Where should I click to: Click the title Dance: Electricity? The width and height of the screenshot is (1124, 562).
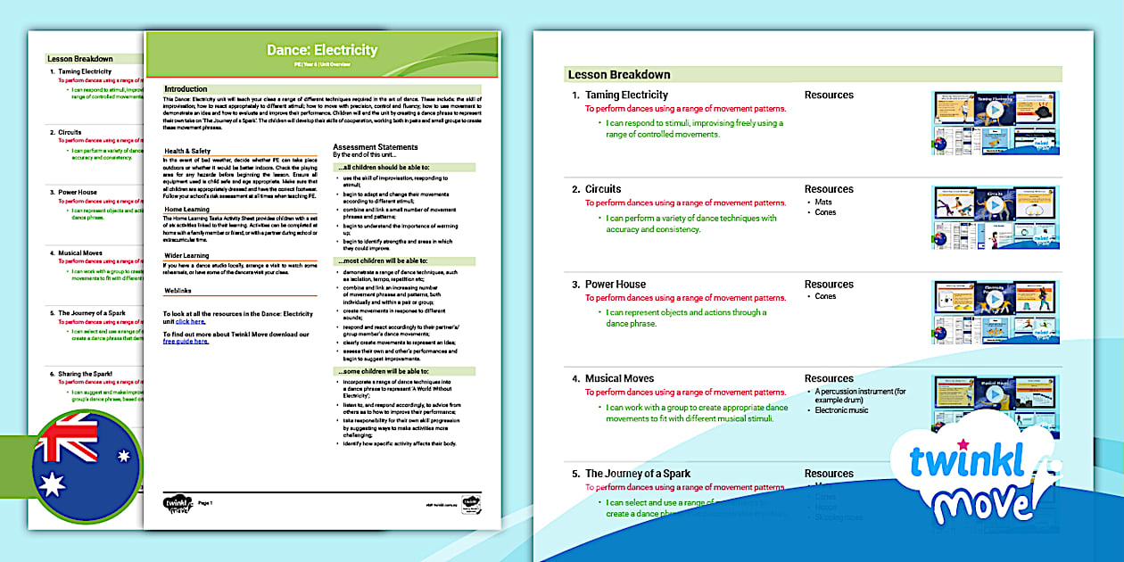[x=322, y=50]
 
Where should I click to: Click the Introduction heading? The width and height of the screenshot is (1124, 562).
[x=186, y=89]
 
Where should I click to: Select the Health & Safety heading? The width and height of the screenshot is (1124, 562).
[x=187, y=151]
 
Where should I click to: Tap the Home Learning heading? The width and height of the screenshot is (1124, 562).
[x=186, y=210]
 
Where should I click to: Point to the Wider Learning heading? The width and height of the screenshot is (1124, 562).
[x=186, y=255]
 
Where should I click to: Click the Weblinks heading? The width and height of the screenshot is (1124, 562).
[x=178, y=291]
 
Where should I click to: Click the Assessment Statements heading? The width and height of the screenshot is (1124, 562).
[x=375, y=147]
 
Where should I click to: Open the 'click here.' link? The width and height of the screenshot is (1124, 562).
[x=190, y=321]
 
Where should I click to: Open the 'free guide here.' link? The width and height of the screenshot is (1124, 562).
[x=186, y=341]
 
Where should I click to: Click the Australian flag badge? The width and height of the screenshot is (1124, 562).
[x=86, y=466]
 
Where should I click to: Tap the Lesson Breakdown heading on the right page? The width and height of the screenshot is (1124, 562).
[x=618, y=74]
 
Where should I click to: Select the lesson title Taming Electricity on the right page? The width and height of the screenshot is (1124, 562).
[x=626, y=95]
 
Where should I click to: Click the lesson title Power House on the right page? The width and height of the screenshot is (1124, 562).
[x=616, y=285]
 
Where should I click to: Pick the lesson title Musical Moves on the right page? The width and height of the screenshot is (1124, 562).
[x=619, y=378]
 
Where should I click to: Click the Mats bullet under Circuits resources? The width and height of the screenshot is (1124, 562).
[x=823, y=202]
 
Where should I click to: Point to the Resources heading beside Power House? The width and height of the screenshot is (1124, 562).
[x=829, y=285]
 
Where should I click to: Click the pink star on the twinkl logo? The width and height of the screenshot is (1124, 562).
[x=963, y=443]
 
